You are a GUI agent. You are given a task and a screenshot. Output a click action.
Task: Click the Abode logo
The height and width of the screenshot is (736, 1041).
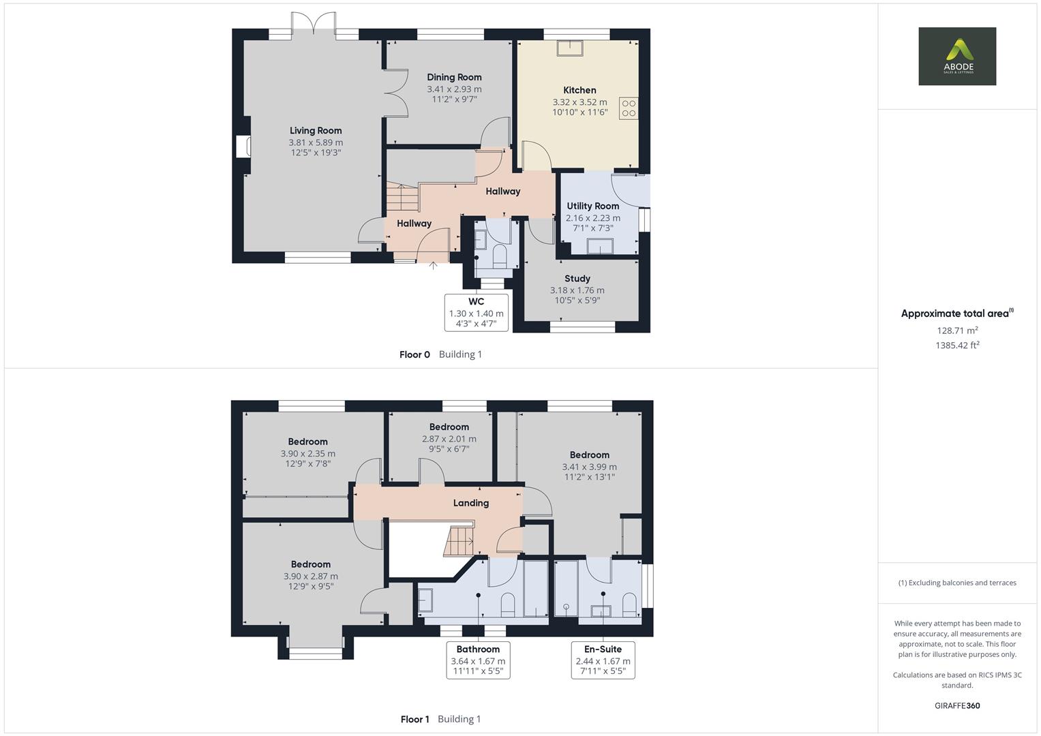point(957,56)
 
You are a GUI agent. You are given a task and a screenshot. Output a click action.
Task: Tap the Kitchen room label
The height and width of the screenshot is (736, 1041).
point(579,90)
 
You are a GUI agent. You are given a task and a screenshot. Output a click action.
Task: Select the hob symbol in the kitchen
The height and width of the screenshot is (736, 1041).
point(628,108)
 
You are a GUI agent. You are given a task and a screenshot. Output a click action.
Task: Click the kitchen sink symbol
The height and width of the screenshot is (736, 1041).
point(569,48)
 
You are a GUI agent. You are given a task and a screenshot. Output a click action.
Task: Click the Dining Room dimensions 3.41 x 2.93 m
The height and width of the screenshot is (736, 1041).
point(454,89)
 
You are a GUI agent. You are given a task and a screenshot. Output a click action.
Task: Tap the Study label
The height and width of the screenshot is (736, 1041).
point(577,278)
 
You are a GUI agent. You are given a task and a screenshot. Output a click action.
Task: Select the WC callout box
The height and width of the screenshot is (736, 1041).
point(477,313)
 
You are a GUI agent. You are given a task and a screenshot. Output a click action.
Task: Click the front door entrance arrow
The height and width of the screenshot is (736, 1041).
point(433,265)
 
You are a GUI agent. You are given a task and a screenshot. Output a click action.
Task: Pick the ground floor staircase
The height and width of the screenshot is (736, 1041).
point(402,198)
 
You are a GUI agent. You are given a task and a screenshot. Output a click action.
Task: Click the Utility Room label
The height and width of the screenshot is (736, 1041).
point(592,206)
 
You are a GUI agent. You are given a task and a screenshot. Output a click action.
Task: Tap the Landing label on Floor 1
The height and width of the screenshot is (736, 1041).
point(471,503)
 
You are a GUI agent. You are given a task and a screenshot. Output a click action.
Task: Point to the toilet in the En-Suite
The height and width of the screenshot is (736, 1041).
point(629,602)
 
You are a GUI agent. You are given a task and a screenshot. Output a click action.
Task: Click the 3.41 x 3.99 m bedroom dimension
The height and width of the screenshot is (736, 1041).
point(589,467)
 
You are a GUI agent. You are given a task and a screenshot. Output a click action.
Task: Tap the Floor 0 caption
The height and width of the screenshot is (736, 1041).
point(414,354)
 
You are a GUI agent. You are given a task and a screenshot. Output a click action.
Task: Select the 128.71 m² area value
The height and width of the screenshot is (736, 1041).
point(957,331)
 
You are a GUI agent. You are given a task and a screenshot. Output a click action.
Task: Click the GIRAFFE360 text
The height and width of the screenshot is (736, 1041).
point(957,705)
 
